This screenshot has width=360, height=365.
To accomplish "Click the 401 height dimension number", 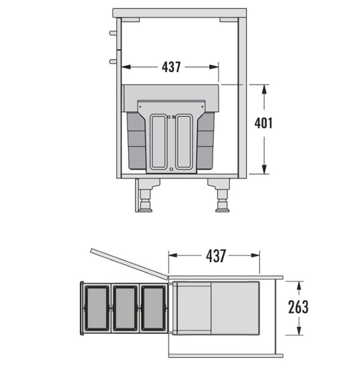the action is click(x=263, y=123).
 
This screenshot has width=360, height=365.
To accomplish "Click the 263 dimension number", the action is click(x=299, y=307).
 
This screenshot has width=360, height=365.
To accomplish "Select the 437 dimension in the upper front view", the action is click(x=171, y=67).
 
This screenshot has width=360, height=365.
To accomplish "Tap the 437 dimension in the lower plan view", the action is click(x=216, y=255).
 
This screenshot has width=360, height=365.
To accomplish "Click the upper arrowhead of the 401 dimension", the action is click(x=264, y=89).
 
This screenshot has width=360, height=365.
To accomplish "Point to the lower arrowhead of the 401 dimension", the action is click(x=264, y=169).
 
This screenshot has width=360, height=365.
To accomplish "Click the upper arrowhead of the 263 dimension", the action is click(x=299, y=286).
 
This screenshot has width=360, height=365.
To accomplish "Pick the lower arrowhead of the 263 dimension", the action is click(x=299, y=330).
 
